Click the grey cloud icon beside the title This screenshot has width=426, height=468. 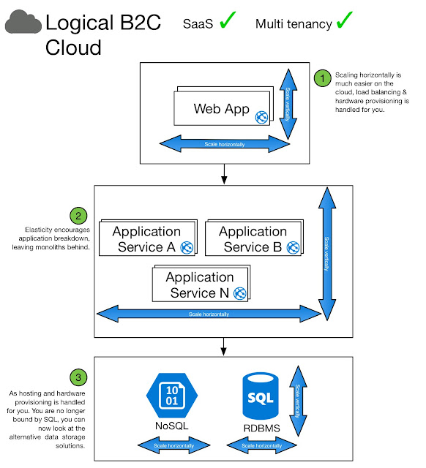pos(23,24)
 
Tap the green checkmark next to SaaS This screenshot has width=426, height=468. pos(228,21)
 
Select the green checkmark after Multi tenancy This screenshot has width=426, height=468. pos(344,21)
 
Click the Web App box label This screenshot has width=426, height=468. pos(222,109)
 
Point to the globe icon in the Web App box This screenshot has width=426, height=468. pos(261,116)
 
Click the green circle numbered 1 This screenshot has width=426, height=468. pos(322,78)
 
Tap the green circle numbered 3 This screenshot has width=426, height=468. pos(78,377)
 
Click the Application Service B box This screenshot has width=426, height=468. pos(253,239)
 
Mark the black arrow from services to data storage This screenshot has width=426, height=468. pos(220,347)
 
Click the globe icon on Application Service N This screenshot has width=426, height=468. pos(240,292)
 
